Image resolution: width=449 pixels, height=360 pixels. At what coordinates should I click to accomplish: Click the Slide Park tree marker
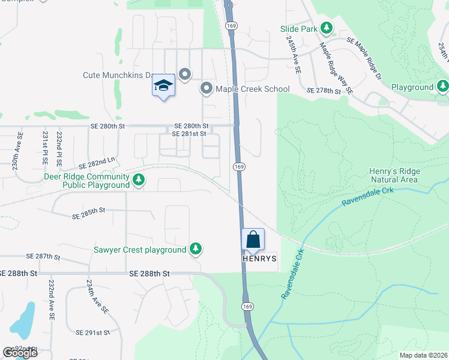tap(327, 28)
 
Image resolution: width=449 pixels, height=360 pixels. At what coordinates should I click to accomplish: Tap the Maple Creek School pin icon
tap(206, 89)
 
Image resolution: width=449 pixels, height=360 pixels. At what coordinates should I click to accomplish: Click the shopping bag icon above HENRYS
tap(253, 239)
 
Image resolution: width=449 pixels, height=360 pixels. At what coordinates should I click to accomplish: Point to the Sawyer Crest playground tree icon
tap(195, 249)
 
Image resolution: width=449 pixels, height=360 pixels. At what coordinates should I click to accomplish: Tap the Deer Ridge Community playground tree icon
tap(139, 180)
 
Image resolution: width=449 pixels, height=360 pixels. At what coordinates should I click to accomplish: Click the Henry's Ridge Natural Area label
tap(394, 175)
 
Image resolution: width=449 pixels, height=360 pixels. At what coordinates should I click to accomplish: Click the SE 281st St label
tap(189, 134)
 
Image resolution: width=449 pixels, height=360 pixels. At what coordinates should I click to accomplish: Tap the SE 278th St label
tap(324, 91)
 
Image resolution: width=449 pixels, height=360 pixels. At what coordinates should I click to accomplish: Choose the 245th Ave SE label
tap(294, 54)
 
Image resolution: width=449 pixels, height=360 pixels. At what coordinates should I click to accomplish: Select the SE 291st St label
tap(92, 332)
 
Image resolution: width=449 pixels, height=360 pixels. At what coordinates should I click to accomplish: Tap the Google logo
tap(20, 353)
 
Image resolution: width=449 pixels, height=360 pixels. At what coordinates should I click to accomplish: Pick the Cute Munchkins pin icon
tap(185, 74)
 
